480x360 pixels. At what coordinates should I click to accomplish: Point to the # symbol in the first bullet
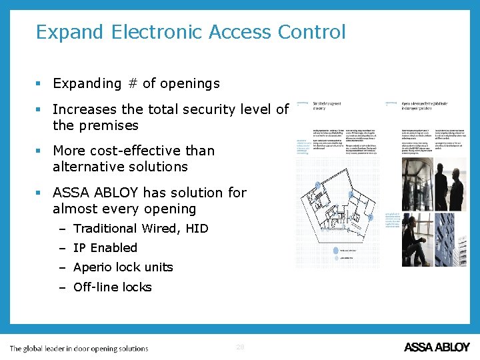132,83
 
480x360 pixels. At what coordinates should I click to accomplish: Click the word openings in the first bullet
189,83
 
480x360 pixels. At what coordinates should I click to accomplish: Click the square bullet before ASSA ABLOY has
40,193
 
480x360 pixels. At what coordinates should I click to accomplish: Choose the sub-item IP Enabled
105,248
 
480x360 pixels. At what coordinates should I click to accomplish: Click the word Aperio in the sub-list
94,267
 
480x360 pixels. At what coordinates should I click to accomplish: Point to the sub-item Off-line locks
112,287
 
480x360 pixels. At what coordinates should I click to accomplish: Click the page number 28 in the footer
240,347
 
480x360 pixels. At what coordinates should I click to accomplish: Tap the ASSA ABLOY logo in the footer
437,347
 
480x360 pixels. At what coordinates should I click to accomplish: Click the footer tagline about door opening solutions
79,348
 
